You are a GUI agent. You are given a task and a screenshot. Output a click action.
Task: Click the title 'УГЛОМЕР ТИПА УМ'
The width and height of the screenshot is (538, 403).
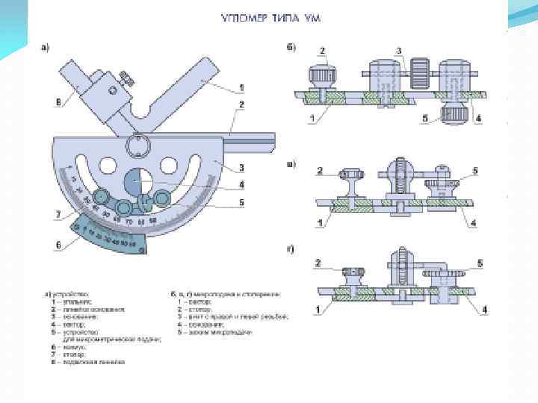click(270, 17)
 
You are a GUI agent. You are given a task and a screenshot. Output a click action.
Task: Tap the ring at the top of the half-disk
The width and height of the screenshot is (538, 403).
click(140, 145)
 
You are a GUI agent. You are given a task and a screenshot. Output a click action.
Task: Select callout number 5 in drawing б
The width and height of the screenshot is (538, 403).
click(424, 118)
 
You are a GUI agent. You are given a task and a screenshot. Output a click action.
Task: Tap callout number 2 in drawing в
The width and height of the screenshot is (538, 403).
click(320, 172)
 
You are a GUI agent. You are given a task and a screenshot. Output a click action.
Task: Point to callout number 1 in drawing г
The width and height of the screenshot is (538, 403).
click(318, 307)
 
